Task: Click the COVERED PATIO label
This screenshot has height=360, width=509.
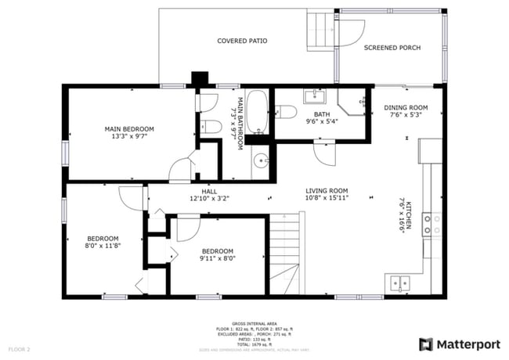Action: point(242,40)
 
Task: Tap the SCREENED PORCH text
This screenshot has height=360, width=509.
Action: point(392,48)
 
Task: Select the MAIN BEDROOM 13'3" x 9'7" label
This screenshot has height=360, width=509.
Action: point(129,131)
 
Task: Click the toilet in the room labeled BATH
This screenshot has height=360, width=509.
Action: point(286,113)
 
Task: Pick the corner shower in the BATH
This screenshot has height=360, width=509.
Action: point(355,104)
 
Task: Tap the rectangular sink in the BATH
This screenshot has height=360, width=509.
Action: point(315,96)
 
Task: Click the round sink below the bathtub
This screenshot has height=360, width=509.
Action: point(262,162)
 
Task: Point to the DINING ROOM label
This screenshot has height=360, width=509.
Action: point(406,111)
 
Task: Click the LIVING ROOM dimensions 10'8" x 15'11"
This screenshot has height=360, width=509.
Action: point(327,199)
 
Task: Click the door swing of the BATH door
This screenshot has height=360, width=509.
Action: point(321,150)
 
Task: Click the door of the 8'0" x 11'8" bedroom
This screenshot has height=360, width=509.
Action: point(130,197)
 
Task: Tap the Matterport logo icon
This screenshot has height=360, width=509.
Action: point(425,344)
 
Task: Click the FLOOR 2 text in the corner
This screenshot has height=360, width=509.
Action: point(19,348)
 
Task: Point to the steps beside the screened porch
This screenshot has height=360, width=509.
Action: point(319,30)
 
